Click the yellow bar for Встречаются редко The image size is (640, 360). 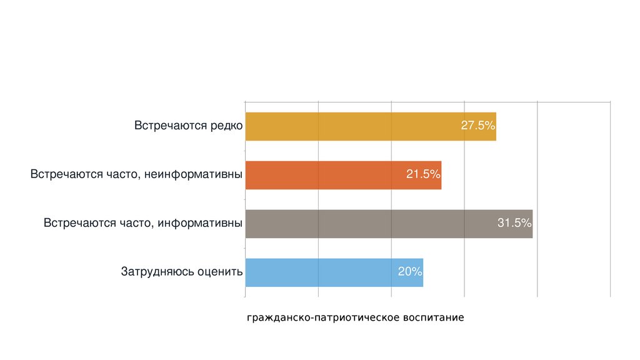pyautogui.click(x=350, y=126)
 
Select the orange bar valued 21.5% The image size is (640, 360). pyautogui.click(x=325, y=175)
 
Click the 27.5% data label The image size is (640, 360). pyautogui.click(x=477, y=126)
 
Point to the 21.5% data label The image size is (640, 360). pyautogui.click(x=423, y=174)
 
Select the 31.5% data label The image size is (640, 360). pyautogui.click(x=514, y=223)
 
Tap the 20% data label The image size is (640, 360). pyautogui.click(x=410, y=272)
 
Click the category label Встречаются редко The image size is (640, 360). pyautogui.click(x=188, y=126)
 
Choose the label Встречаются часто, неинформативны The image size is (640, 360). pyautogui.click(x=136, y=174)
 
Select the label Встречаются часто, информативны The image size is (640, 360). pyautogui.click(x=143, y=223)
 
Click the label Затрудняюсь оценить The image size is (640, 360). pyautogui.click(x=181, y=272)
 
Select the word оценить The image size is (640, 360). pyautogui.click(x=219, y=272)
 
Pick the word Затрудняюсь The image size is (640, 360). pyautogui.click(x=157, y=272)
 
